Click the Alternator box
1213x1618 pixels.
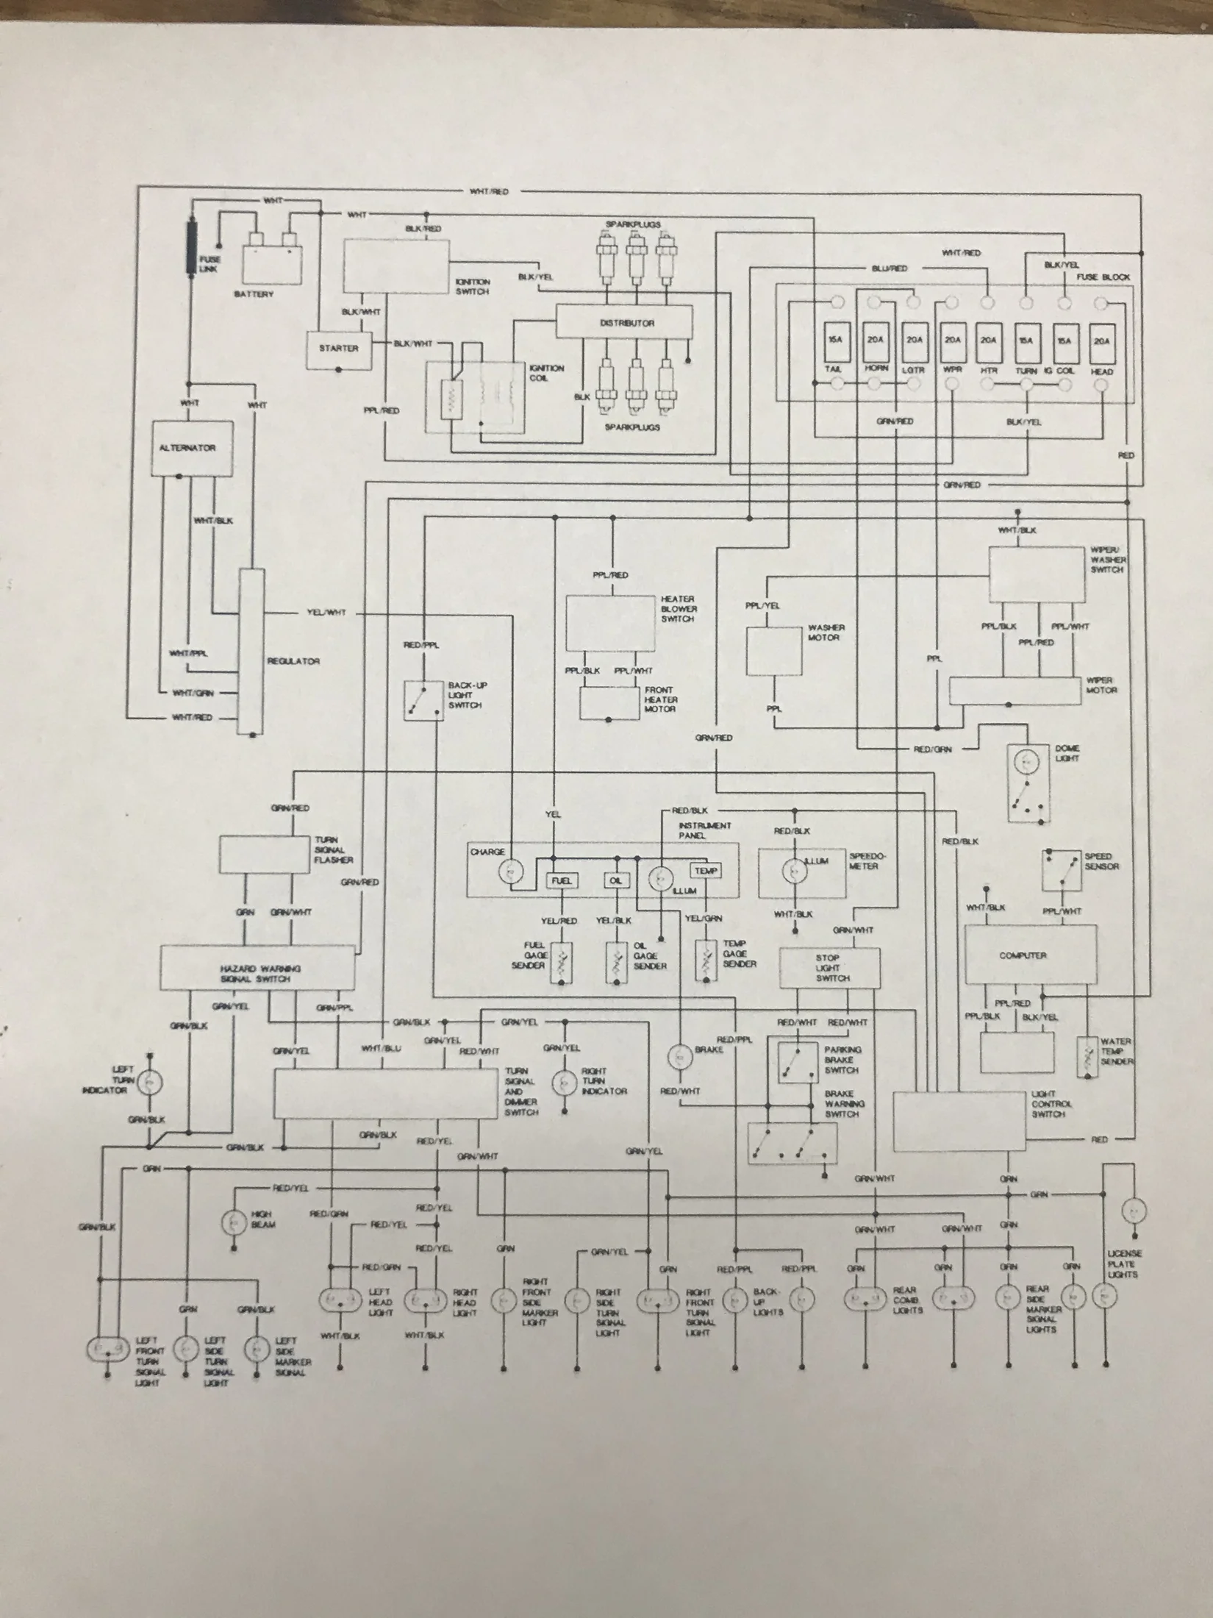coord(187,448)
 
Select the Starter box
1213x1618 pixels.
coord(339,349)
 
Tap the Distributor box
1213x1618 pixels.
coord(624,323)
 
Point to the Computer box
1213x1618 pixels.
coord(1030,955)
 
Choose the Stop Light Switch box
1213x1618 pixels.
coord(837,968)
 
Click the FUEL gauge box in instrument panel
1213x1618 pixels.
coord(561,880)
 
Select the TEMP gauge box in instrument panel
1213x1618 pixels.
coord(705,871)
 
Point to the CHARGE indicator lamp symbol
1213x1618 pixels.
coord(509,872)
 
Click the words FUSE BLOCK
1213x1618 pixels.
coord(1103,277)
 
